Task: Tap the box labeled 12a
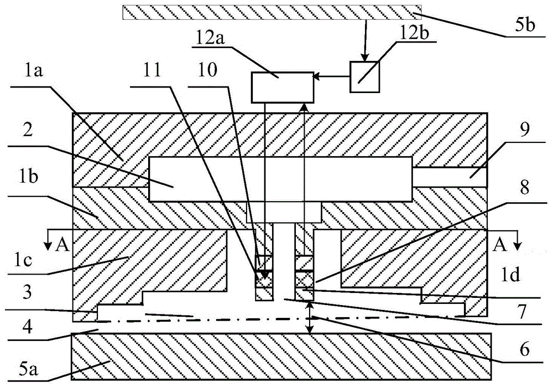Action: [282, 87]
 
